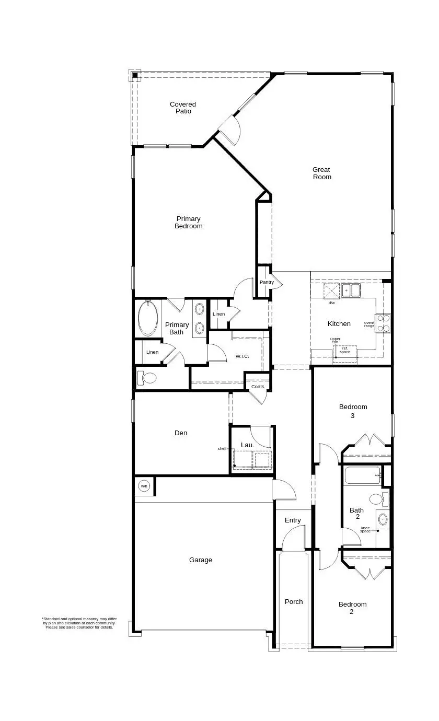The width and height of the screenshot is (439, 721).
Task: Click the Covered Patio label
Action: [183, 108]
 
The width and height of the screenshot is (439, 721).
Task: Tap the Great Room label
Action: [322, 173]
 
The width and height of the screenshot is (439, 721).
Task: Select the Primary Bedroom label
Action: [188, 223]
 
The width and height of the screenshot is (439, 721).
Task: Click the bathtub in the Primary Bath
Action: [148, 319]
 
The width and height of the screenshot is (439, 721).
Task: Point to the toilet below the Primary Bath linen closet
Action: [148, 378]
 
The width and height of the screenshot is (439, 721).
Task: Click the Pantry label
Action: [267, 282]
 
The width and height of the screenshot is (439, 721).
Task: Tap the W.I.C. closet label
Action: [242, 356]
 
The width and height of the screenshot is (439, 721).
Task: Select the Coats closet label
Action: [258, 387]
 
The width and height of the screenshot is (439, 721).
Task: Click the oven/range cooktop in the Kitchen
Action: [383, 323]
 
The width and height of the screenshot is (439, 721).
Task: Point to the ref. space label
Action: [345, 350]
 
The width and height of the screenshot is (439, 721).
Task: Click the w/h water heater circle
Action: [144, 486]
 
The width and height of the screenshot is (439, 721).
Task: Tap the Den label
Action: [181, 433]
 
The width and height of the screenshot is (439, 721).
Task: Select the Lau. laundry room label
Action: [247, 445]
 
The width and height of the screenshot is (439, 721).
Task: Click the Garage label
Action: [201, 560]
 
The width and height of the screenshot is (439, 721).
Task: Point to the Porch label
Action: [294, 601]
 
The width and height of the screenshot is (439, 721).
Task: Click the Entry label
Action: [293, 520]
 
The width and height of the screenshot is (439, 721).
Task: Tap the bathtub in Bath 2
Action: [363, 475]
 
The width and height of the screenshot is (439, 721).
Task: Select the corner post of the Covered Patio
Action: [135, 76]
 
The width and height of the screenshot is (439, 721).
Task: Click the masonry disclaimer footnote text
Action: [79, 623]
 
